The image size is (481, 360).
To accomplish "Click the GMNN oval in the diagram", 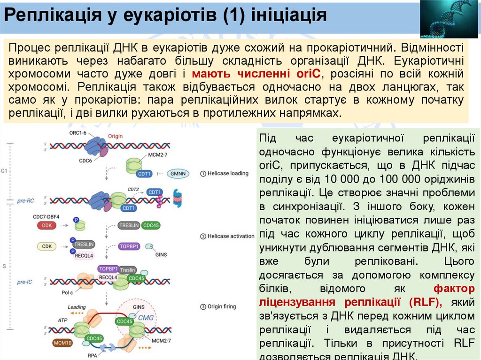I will pos(178,174).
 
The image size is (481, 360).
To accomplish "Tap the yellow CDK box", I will pos(47,246).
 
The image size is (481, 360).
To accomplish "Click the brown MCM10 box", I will pos(62,343).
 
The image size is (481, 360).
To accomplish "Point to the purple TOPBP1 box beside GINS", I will pos(130,246).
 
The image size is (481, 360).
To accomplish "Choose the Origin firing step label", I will pos(224,307).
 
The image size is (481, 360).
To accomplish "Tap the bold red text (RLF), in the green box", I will pos(425,301).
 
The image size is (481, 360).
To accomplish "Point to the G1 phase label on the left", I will pos(4,171).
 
